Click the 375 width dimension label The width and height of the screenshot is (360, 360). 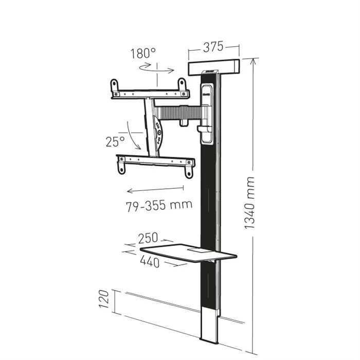tap(213, 47)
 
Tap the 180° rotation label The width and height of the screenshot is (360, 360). tap(142, 53)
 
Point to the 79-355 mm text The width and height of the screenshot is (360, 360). tap(159, 205)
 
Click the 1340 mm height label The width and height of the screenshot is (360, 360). tap(250, 203)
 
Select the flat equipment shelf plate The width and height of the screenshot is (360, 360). tap(188, 254)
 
